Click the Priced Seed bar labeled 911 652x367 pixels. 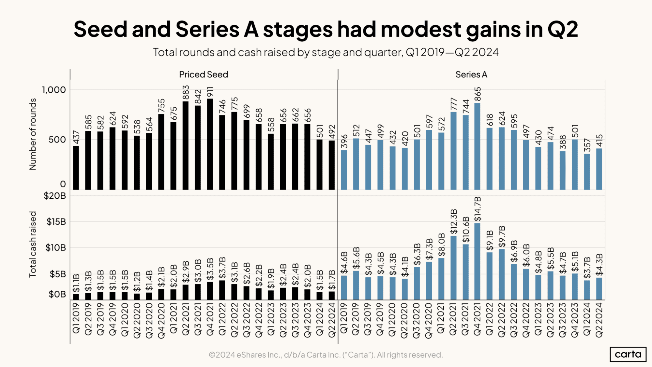[210, 144]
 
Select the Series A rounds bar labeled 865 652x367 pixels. [477, 146]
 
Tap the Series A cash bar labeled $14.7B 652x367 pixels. [477, 261]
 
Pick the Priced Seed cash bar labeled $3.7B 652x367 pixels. [222, 290]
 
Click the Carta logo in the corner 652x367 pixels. [628, 354]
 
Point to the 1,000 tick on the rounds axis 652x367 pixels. [54, 90]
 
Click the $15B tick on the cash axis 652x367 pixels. [56, 222]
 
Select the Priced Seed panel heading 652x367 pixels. [204, 74]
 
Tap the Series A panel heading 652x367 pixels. [471, 74]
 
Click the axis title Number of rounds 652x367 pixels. [33, 134]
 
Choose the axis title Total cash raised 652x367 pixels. [33, 244]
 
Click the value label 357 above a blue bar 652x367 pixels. [587, 145]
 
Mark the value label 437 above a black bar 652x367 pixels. [76, 137]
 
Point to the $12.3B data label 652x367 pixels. [453, 222]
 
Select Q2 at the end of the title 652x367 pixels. [563, 29]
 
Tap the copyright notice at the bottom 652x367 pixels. [326, 355]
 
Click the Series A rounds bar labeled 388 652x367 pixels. [563, 170]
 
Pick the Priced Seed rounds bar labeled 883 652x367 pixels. [186, 145]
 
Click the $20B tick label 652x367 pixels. [55, 196]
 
